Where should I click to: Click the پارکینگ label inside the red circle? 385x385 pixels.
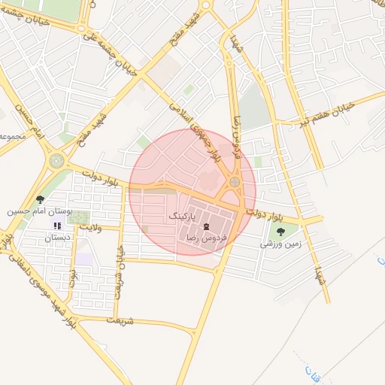(x=182, y=216)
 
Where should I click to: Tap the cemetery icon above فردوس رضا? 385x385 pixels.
(x=207, y=226)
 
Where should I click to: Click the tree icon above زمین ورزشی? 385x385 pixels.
(x=280, y=232)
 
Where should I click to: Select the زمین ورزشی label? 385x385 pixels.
(x=280, y=244)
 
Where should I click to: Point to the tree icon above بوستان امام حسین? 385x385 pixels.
(x=40, y=199)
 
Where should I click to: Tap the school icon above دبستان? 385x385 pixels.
(x=56, y=226)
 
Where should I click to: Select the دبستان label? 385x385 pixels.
(x=57, y=238)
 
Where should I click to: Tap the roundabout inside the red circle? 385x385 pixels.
(x=235, y=181)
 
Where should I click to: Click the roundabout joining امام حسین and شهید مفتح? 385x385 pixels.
(x=57, y=160)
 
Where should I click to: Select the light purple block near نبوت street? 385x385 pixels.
(x=84, y=259)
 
